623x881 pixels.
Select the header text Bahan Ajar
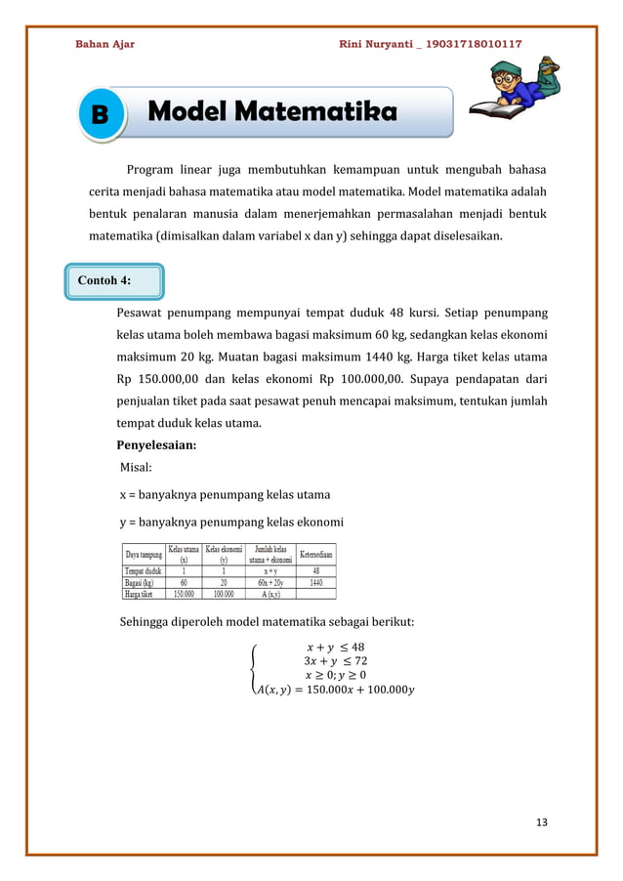point(105,44)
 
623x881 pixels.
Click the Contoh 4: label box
point(115,280)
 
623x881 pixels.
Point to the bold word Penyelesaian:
point(156,445)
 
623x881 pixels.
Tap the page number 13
point(541,821)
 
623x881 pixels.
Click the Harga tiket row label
point(143,592)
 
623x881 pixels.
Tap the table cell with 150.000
point(183,592)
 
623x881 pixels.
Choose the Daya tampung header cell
point(143,552)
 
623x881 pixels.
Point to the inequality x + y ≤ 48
point(335,646)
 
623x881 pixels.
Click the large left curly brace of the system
point(256,669)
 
